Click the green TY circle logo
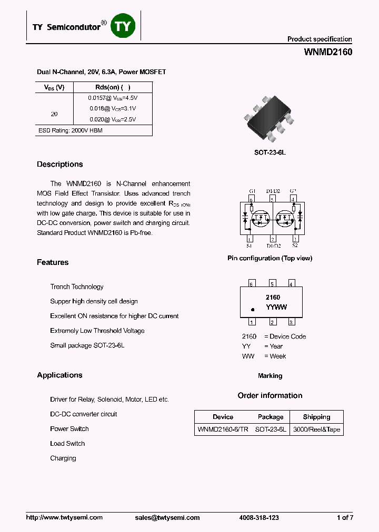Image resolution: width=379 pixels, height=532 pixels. tap(122, 27)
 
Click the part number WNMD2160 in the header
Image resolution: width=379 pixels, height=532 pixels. tap(328, 53)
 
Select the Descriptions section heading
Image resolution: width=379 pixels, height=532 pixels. tap(59, 165)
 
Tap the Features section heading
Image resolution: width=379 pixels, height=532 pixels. tap(53, 262)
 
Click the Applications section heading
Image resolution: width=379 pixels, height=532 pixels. tap(59, 375)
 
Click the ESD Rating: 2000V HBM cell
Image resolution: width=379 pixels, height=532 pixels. tap(71, 130)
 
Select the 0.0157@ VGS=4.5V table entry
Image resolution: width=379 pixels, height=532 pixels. tap(113, 98)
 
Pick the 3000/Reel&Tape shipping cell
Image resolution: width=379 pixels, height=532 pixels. tap(316, 429)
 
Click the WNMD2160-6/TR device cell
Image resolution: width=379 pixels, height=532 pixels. tap(223, 429)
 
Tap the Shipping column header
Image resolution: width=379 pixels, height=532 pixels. tap(316, 417)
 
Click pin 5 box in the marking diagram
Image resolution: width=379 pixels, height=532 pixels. tap(272, 284)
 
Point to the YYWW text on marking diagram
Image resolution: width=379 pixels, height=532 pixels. tap(276, 308)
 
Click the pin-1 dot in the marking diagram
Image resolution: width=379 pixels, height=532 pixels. tap(253, 310)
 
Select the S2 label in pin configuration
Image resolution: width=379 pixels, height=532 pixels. tap(295, 245)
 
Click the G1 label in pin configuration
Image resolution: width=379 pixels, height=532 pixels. tap(252, 191)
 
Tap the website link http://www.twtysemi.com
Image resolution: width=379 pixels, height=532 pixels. tap(64, 518)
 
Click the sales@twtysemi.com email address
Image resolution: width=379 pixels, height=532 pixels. tap(167, 518)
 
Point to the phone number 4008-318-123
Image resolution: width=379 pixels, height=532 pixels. tap(259, 518)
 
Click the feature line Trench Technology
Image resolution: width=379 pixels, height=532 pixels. tap(77, 287)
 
